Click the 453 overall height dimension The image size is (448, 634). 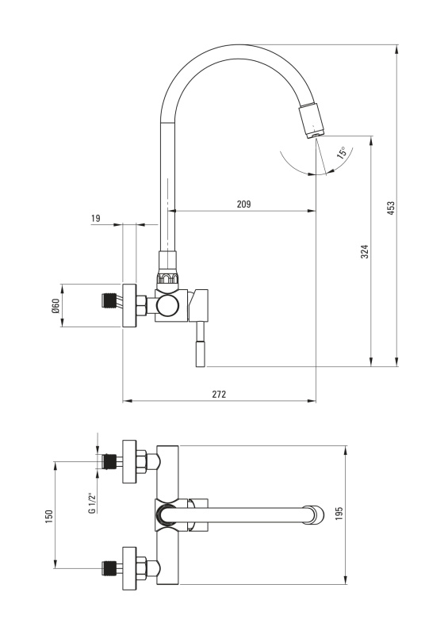tap(391, 208)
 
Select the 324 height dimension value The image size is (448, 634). tap(365, 251)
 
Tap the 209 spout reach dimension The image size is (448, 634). tap(243, 204)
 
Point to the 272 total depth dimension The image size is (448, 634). tap(219, 394)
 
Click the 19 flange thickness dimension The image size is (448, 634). tap(95, 219)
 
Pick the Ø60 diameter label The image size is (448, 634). tap(56, 305)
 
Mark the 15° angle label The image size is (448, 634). tap(342, 153)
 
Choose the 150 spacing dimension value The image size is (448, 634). tap(48, 517)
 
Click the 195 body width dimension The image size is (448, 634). tap(339, 514)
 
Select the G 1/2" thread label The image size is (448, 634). tap(92, 503)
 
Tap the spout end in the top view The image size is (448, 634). tap(315, 514)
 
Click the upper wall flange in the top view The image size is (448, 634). tap(129, 461)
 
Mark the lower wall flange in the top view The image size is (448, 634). tap(129, 567)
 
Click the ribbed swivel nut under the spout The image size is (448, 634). tap(167, 277)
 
